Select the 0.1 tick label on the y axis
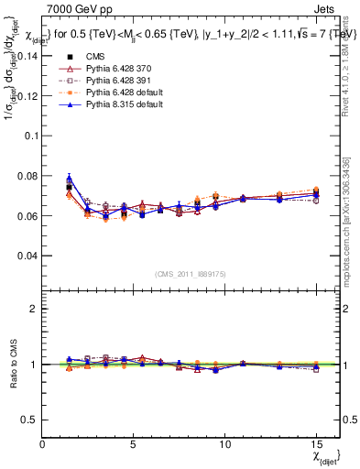[30, 136]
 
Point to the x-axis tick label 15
[317, 442]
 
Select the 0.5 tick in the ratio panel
[30, 420]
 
